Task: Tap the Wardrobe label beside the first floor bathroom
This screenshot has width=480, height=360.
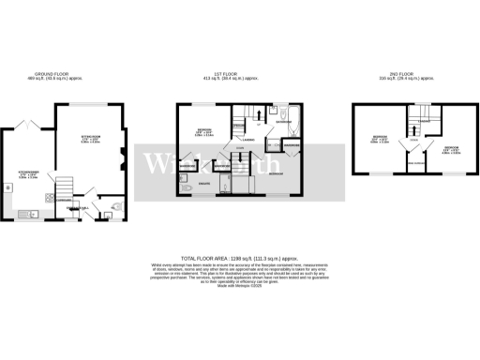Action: coord(290,146)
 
